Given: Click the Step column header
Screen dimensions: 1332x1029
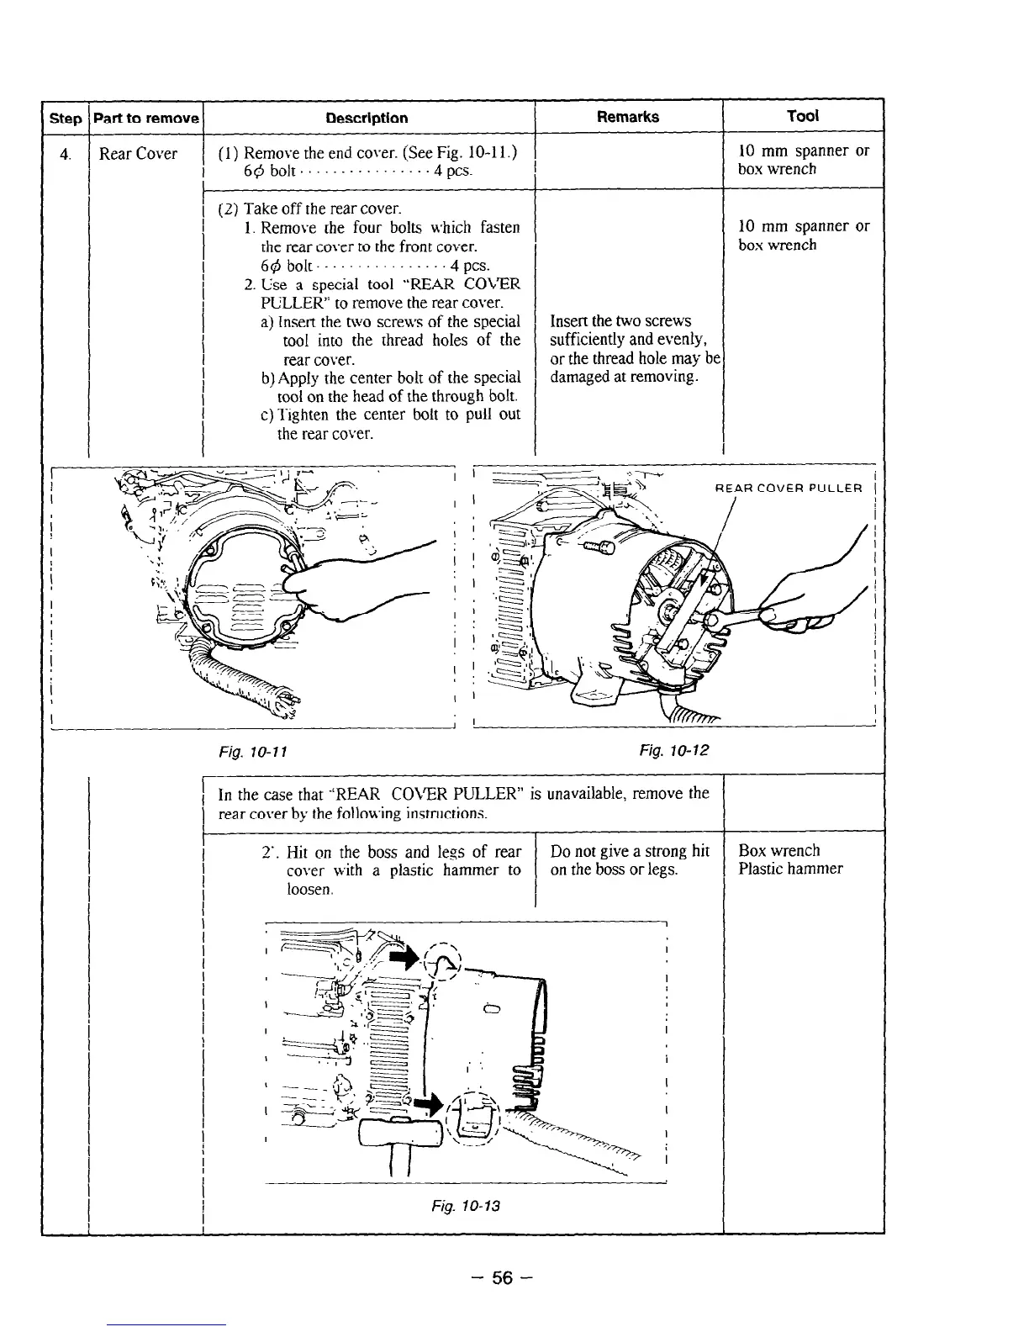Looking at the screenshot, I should pos(65,119).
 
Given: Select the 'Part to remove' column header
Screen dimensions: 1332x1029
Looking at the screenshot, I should pos(145,118).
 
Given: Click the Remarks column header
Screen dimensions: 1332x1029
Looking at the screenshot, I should pos(627,117).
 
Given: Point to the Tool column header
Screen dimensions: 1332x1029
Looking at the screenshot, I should pos(802,116).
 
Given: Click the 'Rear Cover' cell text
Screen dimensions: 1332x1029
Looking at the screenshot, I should pos(138,153).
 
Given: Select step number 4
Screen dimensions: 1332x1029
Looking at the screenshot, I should pos(64,154).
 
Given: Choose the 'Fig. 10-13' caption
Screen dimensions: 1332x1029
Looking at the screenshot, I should pos(462,1206).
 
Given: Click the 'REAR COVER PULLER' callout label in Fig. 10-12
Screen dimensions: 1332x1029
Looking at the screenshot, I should pos(788,488).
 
